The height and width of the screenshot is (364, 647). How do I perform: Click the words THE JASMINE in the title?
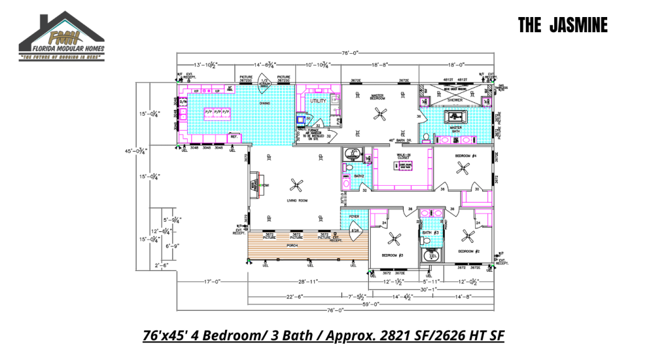(563, 25)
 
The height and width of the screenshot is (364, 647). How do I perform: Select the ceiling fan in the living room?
(296, 185)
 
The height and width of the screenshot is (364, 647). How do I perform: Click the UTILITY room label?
(317, 100)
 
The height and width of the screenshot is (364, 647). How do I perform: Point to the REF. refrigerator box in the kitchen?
(234, 136)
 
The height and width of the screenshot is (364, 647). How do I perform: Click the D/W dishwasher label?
(184, 102)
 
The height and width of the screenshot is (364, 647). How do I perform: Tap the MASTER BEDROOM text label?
(378, 97)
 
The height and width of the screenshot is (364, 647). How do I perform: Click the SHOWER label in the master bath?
(455, 100)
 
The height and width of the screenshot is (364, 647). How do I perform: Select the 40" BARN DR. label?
(400, 140)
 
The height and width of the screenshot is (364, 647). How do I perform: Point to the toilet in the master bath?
(426, 137)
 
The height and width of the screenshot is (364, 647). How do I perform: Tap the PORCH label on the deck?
(292, 245)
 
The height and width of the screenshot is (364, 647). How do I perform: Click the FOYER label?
(354, 217)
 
